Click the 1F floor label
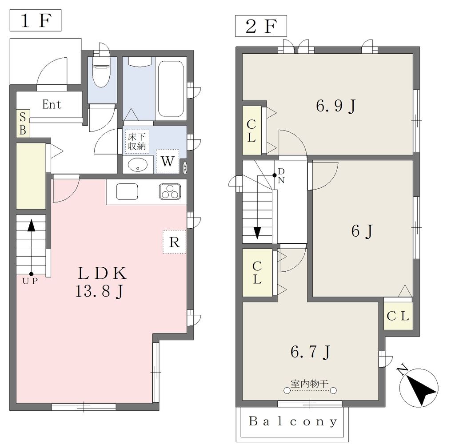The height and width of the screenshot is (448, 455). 36,20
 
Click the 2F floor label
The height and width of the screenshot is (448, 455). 261,26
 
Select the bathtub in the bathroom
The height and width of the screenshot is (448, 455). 171,88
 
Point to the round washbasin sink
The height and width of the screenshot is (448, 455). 138,165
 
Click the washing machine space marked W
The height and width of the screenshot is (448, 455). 168,161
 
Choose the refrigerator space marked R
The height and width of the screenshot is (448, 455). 174,242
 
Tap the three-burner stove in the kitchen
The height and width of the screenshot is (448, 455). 170,192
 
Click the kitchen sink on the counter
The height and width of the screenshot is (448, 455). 127,192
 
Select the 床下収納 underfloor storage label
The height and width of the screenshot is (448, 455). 137,141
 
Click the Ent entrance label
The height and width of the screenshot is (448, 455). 52,104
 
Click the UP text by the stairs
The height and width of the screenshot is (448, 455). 30,281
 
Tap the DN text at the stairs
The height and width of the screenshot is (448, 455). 281,176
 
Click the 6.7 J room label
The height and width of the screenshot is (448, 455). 310,352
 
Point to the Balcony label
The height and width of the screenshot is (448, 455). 293,421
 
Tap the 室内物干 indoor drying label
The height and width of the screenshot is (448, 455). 310,384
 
